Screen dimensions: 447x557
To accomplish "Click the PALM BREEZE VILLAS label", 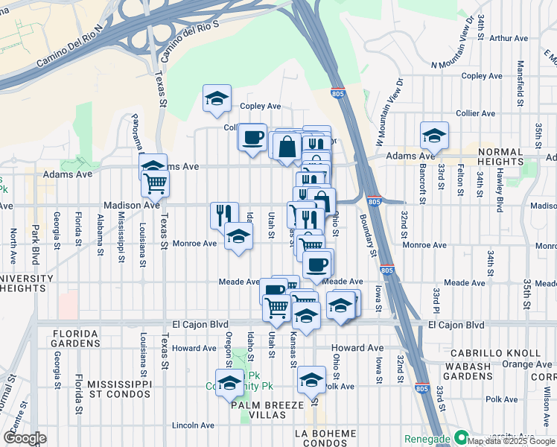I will point(267,410).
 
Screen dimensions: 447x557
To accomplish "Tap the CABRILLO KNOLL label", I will point(502,353).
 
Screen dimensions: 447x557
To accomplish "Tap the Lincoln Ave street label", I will point(194,425).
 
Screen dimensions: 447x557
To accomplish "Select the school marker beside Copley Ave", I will point(217,98).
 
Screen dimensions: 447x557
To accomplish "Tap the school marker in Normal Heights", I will point(434,136).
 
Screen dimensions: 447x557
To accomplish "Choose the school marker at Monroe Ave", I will point(238,237).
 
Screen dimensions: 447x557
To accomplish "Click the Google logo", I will point(25,438).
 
